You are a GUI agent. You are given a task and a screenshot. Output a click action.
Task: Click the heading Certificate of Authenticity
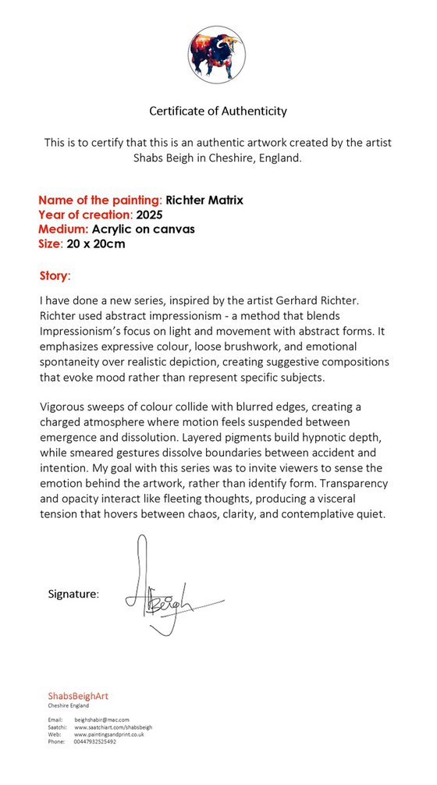[x=218, y=111]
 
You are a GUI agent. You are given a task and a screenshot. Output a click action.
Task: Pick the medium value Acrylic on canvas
[x=143, y=229]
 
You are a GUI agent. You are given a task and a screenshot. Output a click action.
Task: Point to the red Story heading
[x=54, y=276]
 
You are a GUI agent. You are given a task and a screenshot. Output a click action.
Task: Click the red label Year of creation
[x=84, y=215]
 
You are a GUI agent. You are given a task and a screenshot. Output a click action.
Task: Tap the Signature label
[x=73, y=595]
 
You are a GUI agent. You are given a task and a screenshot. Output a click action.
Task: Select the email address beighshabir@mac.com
[x=101, y=719]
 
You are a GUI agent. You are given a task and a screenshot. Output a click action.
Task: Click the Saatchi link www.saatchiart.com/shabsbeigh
[x=113, y=726]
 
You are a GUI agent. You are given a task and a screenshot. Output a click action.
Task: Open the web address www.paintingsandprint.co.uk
[x=108, y=734]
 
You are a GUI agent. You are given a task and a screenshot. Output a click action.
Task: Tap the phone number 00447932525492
[x=95, y=741]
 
